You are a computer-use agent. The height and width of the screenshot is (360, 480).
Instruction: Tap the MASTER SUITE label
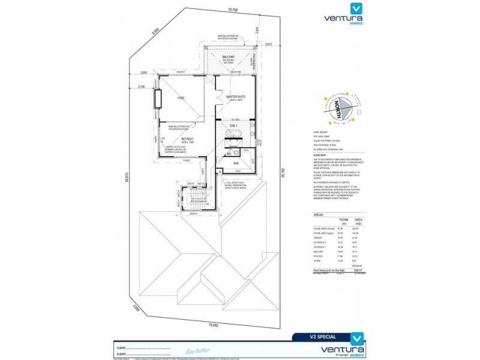[236, 97]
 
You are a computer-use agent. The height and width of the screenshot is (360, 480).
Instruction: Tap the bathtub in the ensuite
[235, 133]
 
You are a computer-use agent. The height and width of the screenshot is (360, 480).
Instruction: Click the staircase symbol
[194, 198]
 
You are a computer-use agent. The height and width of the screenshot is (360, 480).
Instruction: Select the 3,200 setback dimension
[143, 72]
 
